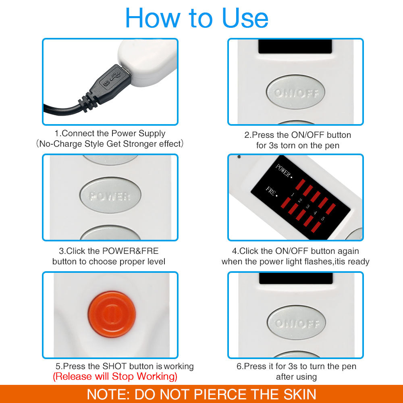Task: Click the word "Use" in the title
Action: pyautogui.click(x=245, y=18)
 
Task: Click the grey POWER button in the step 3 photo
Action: pyautogui.click(x=110, y=196)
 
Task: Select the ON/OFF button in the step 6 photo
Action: pyautogui.click(x=296, y=323)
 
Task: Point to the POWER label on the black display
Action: pyautogui.click(x=283, y=171)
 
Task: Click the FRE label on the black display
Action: pyautogui.click(x=271, y=191)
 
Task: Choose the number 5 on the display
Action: pyautogui.click(x=323, y=218)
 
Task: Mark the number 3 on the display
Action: pyautogui.click(x=307, y=207)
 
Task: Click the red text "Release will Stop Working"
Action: pyautogui.click(x=115, y=376)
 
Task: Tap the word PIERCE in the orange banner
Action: pyautogui.click(x=220, y=394)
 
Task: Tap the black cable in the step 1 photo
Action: pyautogui.click(x=60, y=108)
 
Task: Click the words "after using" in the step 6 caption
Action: pyautogui.click(x=296, y=377)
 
